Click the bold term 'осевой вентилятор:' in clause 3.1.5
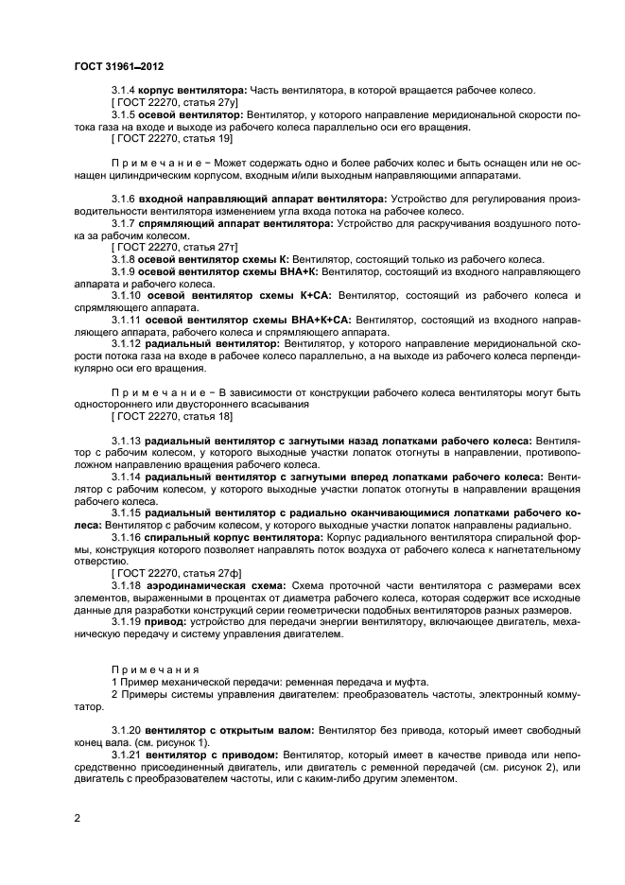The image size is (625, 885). click(188, 114)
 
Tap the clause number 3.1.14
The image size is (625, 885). click(127, 477)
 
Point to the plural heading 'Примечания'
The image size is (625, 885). click(151, 668)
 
